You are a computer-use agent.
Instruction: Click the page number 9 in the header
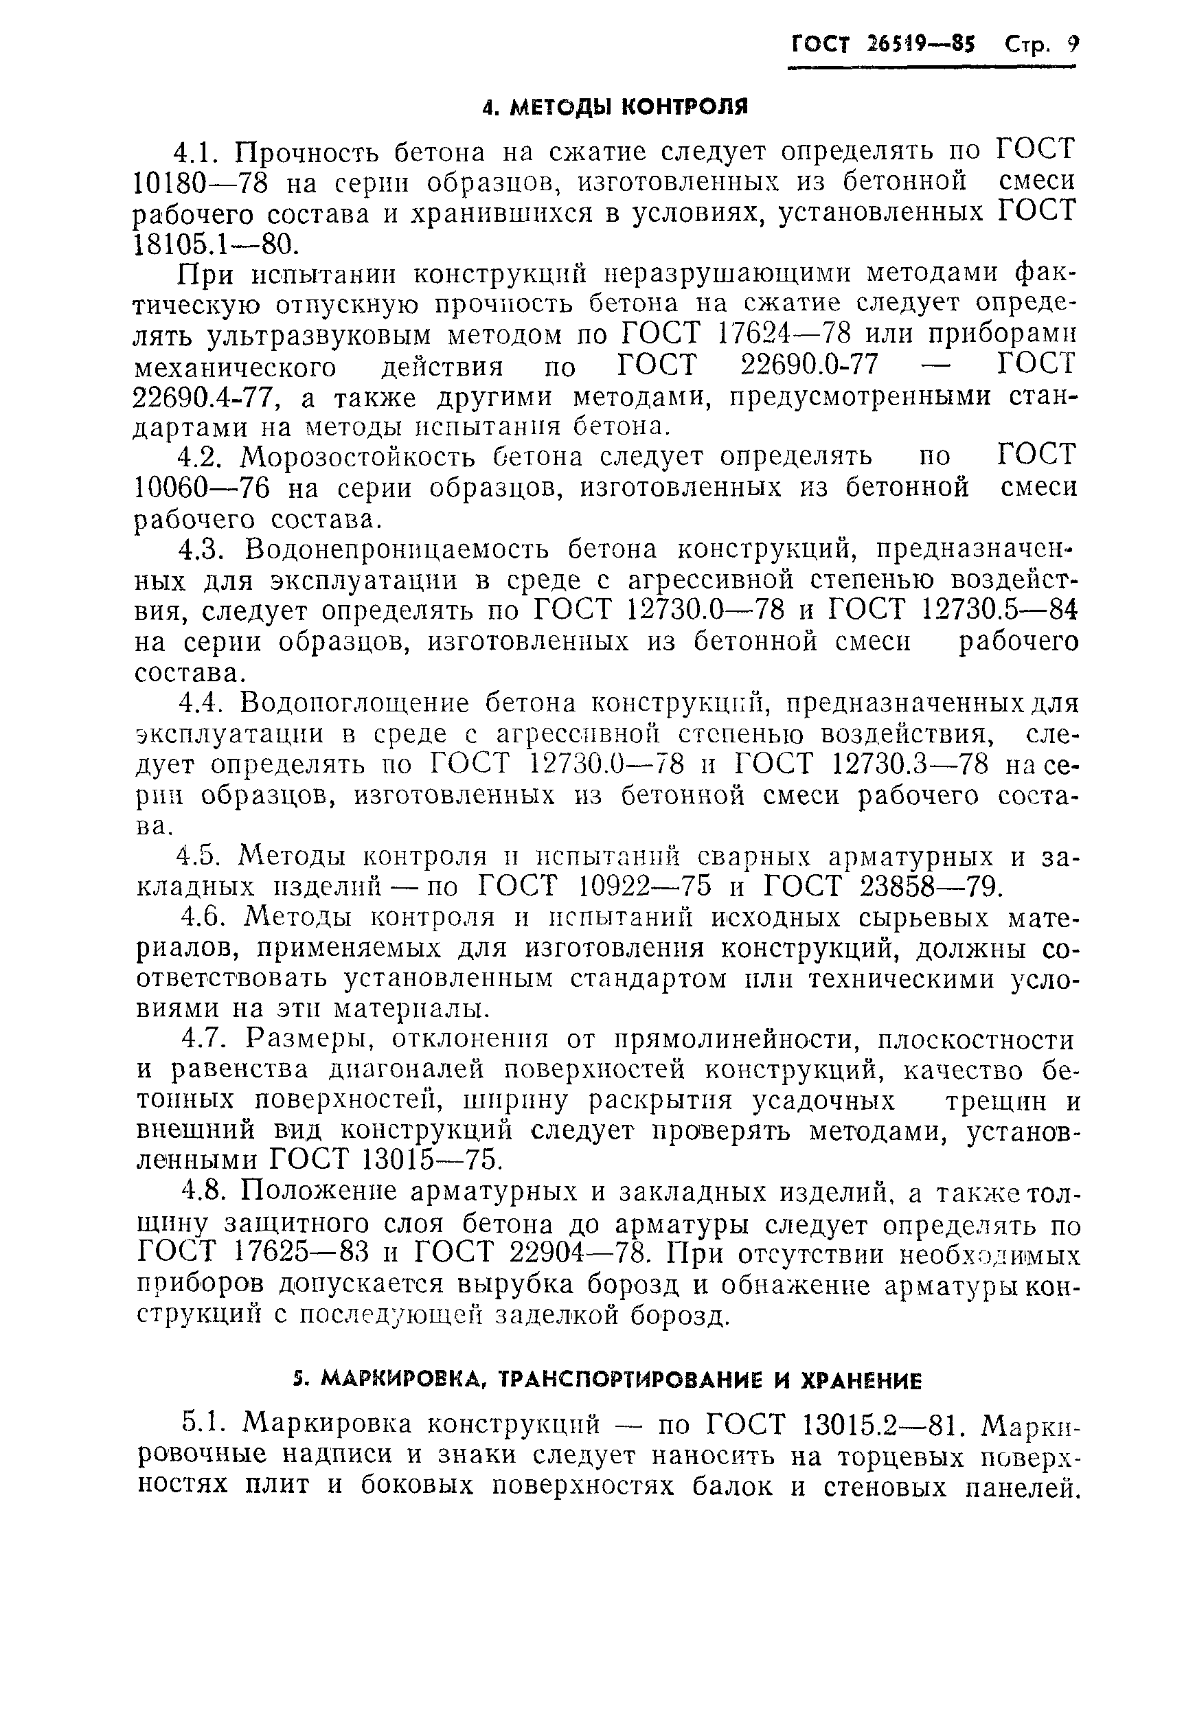(x=1071, y=45)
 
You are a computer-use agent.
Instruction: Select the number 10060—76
(x=201, y=488)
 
